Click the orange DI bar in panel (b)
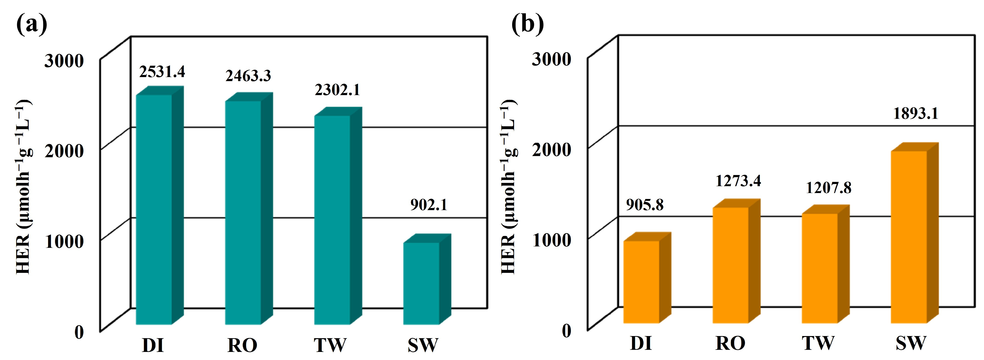(x=641, y=282)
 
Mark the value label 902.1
(x=428, y=205)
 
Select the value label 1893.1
(x=916, y=114)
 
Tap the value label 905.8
(x=645, y=205)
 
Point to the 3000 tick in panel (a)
(x=64, y=61)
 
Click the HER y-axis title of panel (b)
(x=508, y=187)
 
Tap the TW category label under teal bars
(x=330, y=345)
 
